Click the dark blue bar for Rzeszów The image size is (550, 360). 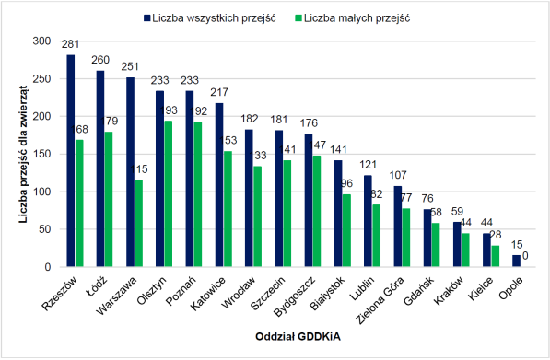(x=71, y=161)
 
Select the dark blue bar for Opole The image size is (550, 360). (x=516, y=261)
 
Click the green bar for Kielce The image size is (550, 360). (x=496, y=257)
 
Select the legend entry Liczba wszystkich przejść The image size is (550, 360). (x=208, y=17)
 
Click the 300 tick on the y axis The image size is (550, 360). (x=43, y=42)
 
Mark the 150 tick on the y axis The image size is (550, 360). (x=43, y=155)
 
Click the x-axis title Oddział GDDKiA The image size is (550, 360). (x=297, y=339)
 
